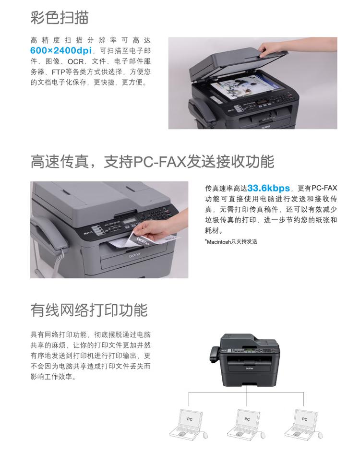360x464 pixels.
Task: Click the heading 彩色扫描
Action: click(59, 17)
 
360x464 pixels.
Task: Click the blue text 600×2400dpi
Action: click(61, 50)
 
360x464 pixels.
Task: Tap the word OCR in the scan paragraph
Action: click(75, 61)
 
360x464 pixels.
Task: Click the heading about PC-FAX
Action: click(152, 162)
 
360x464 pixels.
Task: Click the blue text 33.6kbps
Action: click(268, 188)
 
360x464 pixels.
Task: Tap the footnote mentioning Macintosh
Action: click(231, 241)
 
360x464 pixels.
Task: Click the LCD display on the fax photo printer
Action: click(131, 222)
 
